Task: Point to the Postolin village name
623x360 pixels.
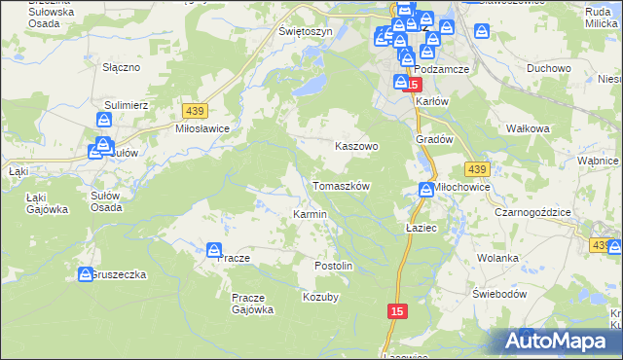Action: (x=333, y=266)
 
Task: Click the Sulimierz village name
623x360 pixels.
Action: (x=126, y=102)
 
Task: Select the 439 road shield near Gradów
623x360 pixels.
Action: (x=476, y=167)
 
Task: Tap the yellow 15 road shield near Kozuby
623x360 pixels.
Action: (x=395, y=310)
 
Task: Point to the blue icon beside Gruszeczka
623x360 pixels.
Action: (x=85, y=275)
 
